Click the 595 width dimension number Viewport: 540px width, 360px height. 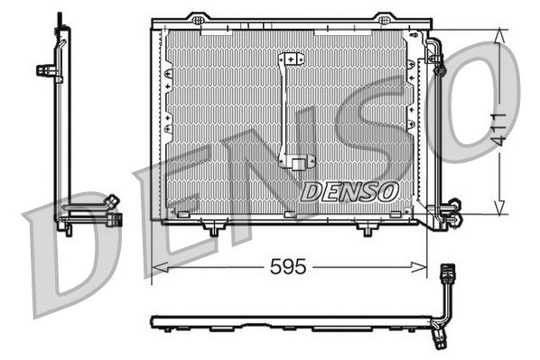(289, 267)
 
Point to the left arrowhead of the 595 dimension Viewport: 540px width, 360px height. (155, 267)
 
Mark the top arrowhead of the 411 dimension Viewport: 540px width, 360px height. (500, 32)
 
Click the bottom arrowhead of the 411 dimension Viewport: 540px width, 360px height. (500, 210)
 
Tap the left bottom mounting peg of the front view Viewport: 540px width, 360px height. (213, 230)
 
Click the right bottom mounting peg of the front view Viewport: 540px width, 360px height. (366, 230)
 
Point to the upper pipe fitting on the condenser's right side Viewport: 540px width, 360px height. (440, 65)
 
